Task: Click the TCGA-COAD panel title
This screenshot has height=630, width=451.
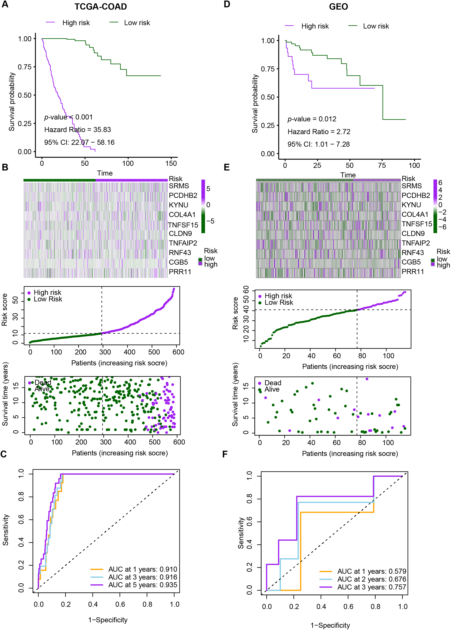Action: [x=101, y=7]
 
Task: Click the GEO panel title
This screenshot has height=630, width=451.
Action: [x=338, y=7]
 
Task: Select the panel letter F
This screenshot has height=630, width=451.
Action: [x=225, y=454]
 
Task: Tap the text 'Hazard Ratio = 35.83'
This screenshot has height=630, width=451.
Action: [x=77, y=130]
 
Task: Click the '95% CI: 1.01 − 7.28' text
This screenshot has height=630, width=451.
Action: [x=318, y=144]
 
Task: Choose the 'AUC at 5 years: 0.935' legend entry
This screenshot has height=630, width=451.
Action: [x=142, y=585]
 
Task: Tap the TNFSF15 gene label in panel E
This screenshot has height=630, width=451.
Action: [x=417, y=224]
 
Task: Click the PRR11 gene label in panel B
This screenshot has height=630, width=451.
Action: [x=180, y=272]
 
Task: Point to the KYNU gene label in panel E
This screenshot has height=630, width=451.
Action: [x=411, y=205]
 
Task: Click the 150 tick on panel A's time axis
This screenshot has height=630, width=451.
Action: [x=171, y=164]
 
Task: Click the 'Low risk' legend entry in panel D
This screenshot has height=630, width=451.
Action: [x=376, y=26]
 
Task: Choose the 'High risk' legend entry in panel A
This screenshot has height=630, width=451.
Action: [x=76, y=23]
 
